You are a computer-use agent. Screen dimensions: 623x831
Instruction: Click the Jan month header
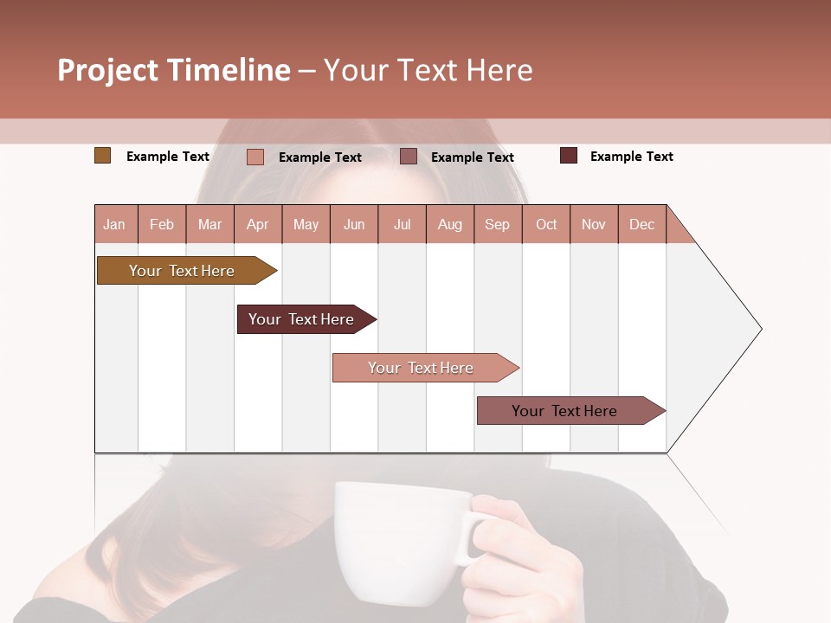coord(114,224)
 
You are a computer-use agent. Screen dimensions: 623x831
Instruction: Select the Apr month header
coord(257,224)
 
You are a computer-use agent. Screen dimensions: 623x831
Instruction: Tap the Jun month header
coord(354,224)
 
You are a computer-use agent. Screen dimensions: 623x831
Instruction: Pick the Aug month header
coord(449,224)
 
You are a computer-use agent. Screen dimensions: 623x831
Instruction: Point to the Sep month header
coord(497,224)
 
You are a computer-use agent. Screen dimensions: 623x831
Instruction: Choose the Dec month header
coord(641,224)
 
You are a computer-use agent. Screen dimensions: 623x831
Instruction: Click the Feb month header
coord(162,224)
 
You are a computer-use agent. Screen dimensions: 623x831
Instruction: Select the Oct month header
coord(546,224)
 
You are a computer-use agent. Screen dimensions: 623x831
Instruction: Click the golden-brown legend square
coord(103,156)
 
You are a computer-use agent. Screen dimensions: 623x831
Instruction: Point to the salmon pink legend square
coord(255,157)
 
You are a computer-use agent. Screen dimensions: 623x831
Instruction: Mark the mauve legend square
coord(409,157)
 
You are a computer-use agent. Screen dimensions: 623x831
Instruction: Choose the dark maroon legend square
coord(569,156)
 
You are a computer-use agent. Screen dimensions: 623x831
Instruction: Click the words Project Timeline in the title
coord(174,70)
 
